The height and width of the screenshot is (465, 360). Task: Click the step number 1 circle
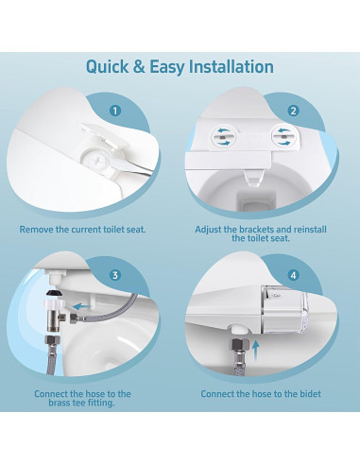116,111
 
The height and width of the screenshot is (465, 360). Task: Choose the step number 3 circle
116,275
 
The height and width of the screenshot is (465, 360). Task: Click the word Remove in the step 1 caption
41,229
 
